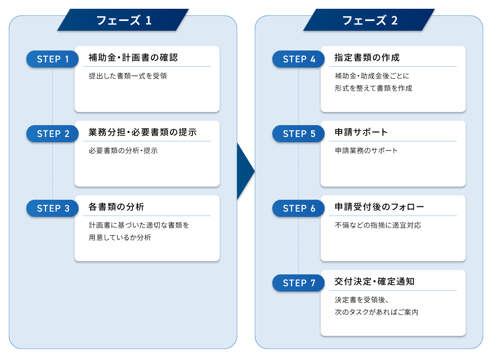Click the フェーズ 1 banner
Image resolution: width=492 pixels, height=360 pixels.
pos(123,20)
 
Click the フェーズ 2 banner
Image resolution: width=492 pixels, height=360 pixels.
pos(369,20)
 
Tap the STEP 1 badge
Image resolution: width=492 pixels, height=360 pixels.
pos(53,59)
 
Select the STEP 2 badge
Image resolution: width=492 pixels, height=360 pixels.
pos(53,134)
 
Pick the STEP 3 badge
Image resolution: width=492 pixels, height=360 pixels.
pos(53,209)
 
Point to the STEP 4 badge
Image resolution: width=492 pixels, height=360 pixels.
pos(299,59)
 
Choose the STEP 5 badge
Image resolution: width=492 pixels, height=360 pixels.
pos(299,134)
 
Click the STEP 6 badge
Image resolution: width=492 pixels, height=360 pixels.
pos(299,209)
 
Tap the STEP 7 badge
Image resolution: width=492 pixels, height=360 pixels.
pos(299,283)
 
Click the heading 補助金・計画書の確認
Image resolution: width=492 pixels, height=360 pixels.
pos(133,58)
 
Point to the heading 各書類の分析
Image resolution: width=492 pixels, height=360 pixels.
pos(116,207)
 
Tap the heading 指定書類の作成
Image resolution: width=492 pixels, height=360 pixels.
pos(367,58)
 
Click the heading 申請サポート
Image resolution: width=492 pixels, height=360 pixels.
pos(361,132)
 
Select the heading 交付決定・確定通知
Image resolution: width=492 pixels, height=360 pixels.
pos(374,281)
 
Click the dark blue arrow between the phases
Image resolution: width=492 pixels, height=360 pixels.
pos(245,171)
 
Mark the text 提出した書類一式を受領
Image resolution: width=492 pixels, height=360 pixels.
pos(128,76)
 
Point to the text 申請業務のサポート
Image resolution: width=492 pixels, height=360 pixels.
pos(366,151)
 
